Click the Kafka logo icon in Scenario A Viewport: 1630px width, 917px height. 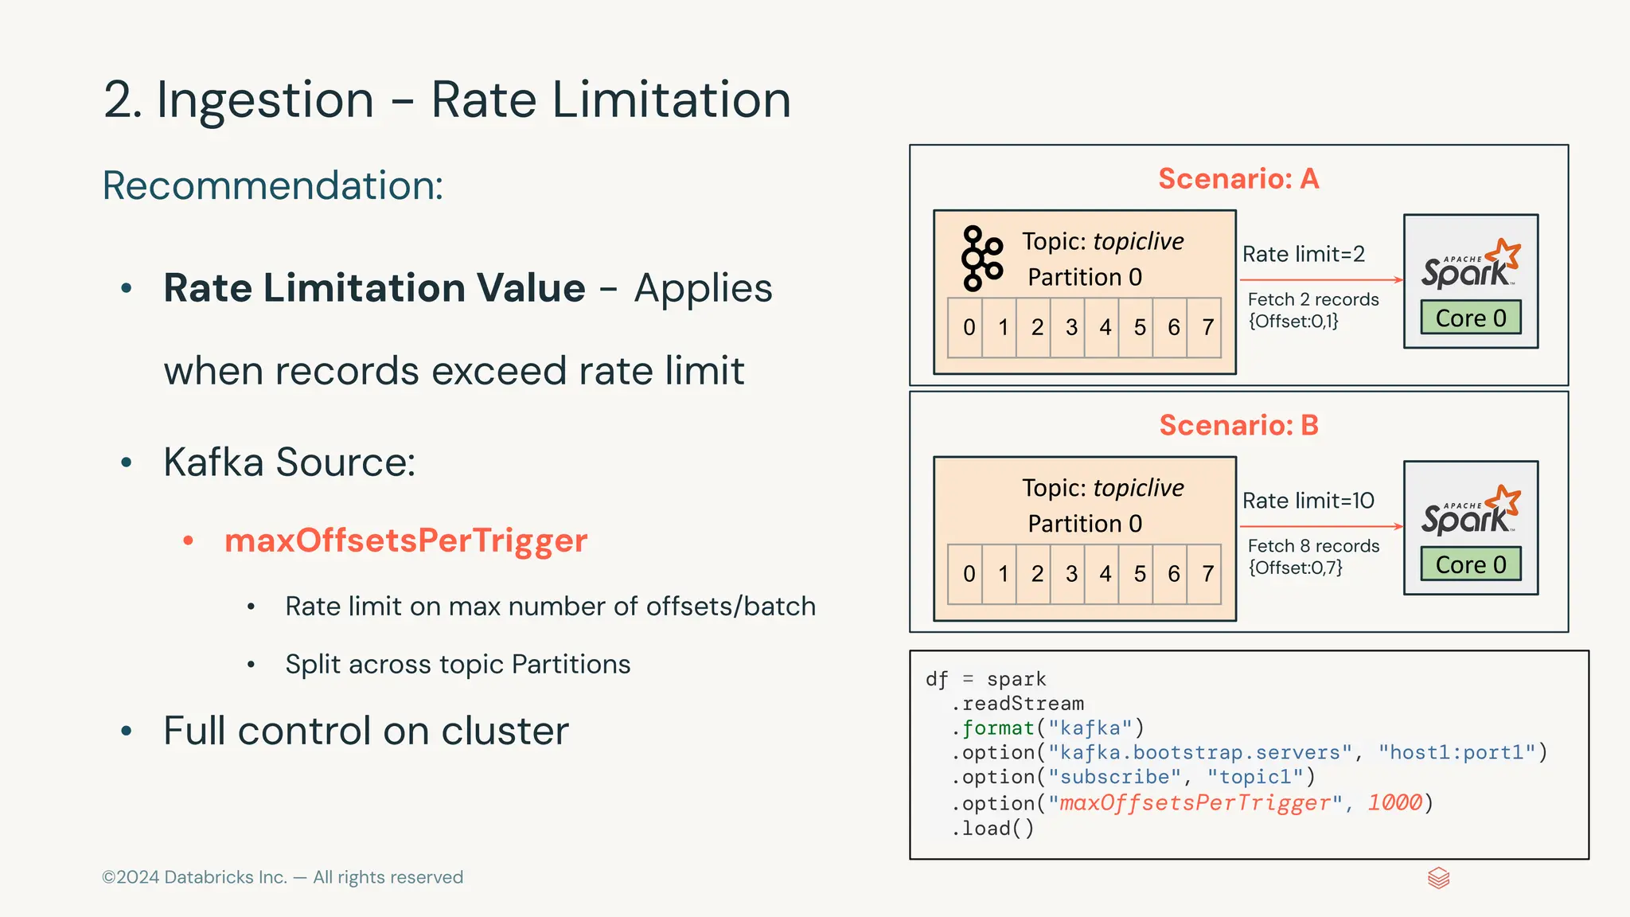coord(981,259)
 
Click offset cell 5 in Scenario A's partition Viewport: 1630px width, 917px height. coord(1140,327)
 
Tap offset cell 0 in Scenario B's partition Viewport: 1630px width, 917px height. coord(969,574)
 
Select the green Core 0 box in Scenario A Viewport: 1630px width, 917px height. coord(1471,318)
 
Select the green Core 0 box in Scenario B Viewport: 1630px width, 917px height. coord(1471,564)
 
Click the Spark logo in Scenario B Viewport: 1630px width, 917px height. coord(1471,511)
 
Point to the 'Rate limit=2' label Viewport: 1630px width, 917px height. coord(1304,254)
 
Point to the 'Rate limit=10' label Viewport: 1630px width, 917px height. coord(1308,501)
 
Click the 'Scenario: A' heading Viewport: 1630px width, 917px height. coord(1238,178)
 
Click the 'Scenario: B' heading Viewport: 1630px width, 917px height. coord(1238,425)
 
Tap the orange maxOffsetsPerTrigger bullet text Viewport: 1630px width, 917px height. coord(406,540)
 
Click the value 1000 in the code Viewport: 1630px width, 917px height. coord(1394,802)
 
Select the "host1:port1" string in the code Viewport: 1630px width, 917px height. coord(1456,752)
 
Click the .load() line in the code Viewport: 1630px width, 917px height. coord(992,829)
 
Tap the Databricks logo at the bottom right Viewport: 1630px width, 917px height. coord(1438,878)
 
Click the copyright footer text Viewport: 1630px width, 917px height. coord(283,877)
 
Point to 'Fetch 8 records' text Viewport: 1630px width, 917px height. coord(1313,546)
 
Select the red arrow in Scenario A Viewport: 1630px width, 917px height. coord(1321,280)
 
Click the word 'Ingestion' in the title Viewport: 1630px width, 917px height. coord(265,100)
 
